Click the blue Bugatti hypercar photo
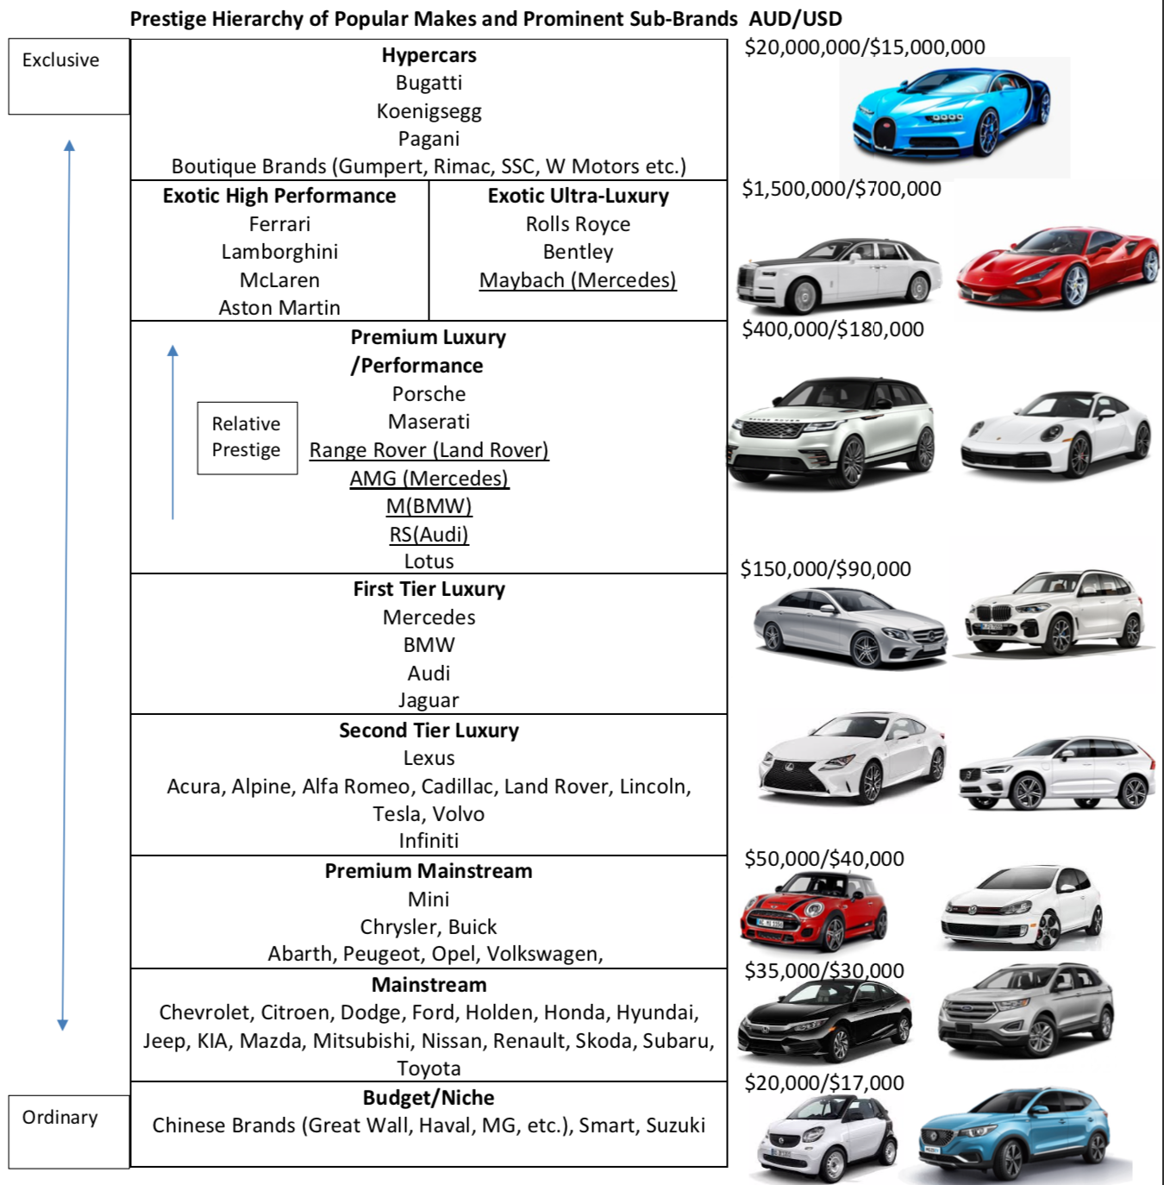[x=951, y=111]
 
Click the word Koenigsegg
[x=429, y=111]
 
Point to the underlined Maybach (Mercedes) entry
[x=578, y=280]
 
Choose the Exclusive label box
[x=69, y=76]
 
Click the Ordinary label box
[x=69, y=1132]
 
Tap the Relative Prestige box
[x=247, y=438]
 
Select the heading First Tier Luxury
[x=429, y=589]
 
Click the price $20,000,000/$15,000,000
[x=865, y=47]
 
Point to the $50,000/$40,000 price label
[x=824, y=858]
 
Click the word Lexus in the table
[x=429, y=758]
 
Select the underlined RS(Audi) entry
[x=429, y=535]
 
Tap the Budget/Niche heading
[x=429, y=1098]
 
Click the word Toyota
[x=429, y=1069]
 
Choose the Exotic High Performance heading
[x=279, y=196]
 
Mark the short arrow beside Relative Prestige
[x=172, y=432]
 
